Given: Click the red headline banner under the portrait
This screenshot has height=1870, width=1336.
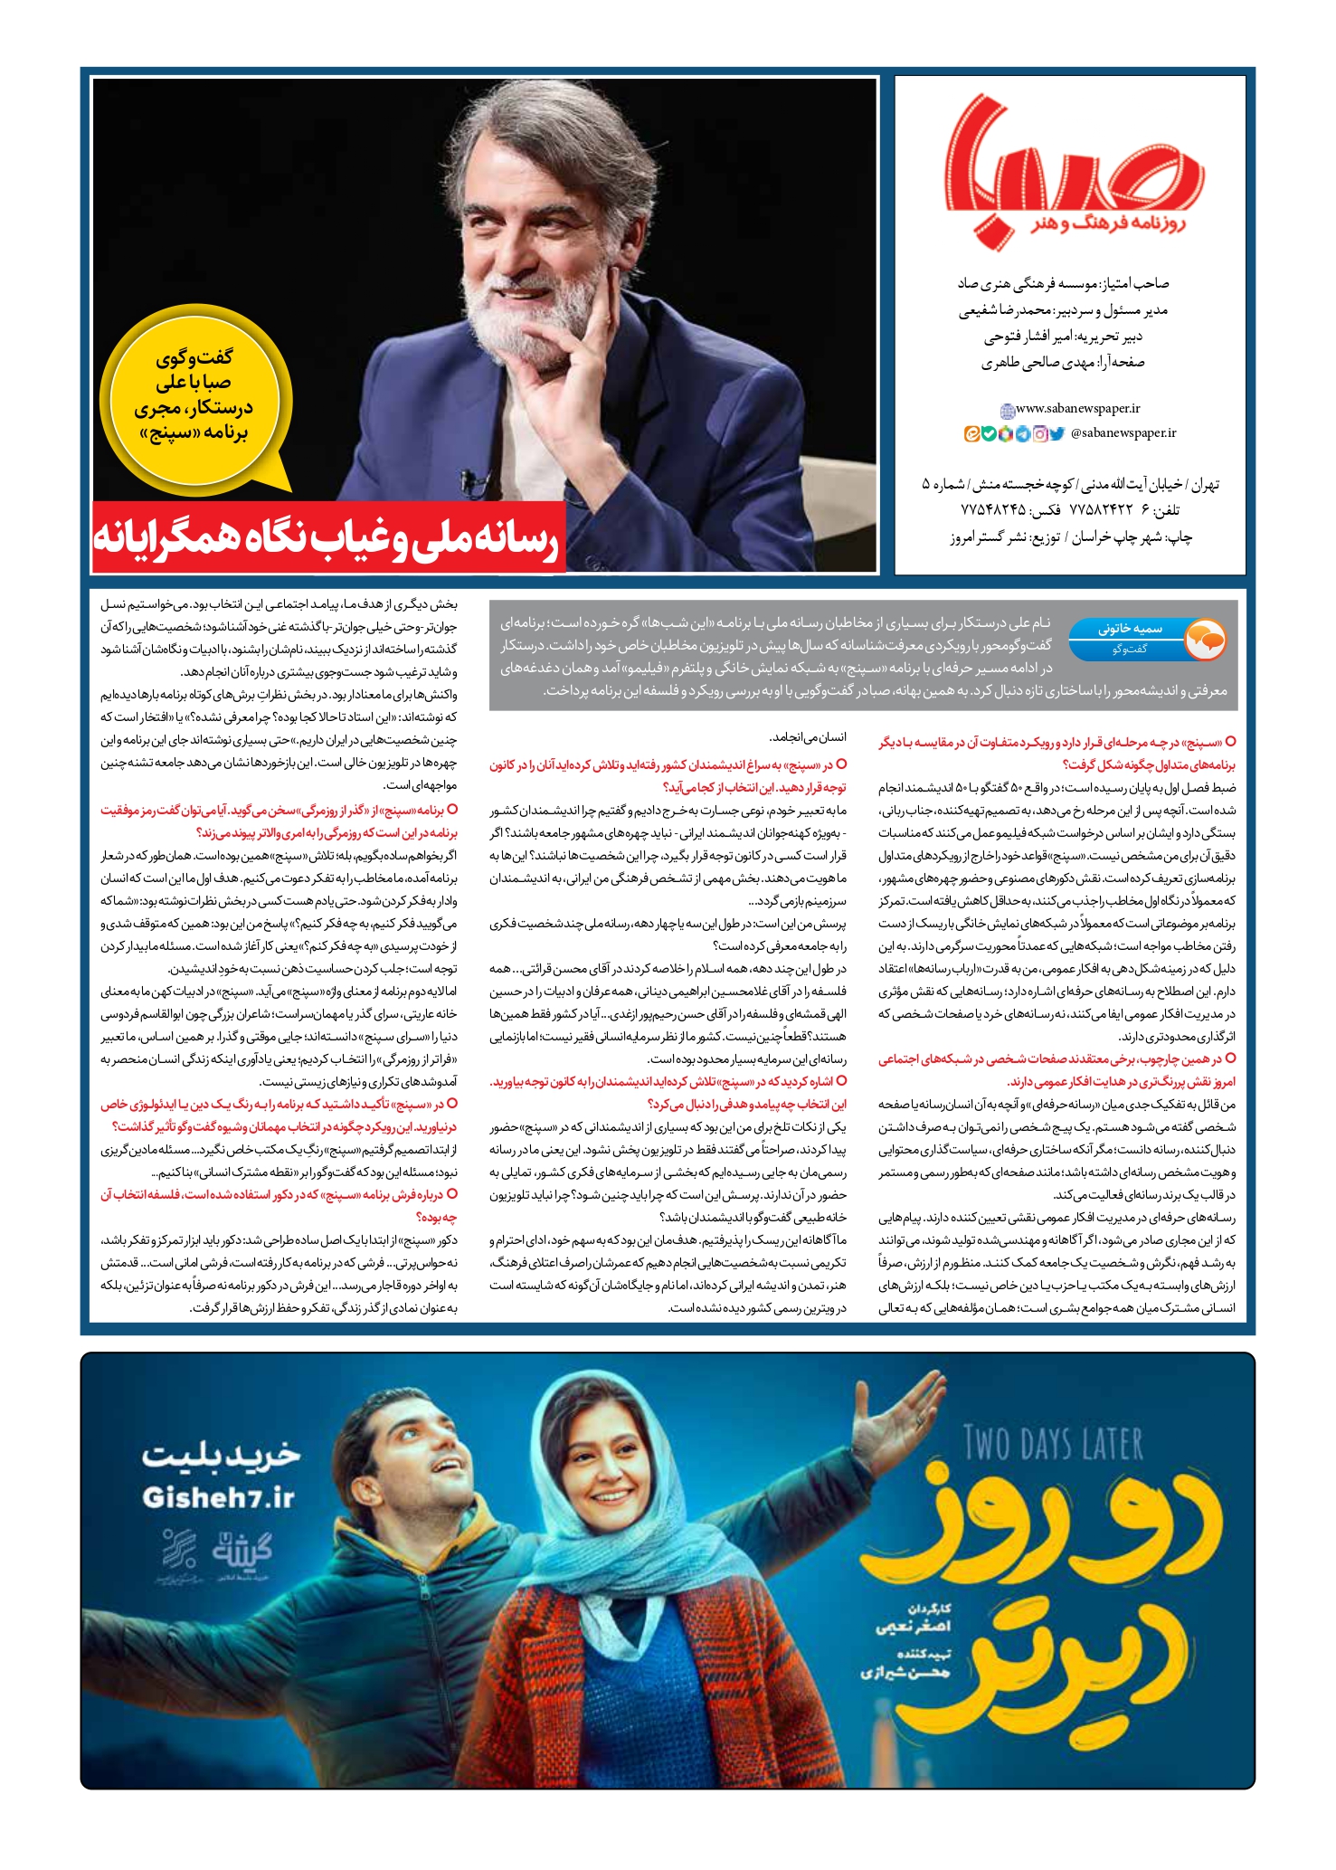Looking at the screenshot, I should (328, 538).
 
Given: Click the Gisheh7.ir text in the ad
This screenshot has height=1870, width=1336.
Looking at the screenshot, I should (219, 1498).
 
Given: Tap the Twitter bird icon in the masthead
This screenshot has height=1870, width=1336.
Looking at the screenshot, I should (1056, 434).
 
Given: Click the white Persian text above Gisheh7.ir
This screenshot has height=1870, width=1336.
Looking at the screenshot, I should (220, 1454).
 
